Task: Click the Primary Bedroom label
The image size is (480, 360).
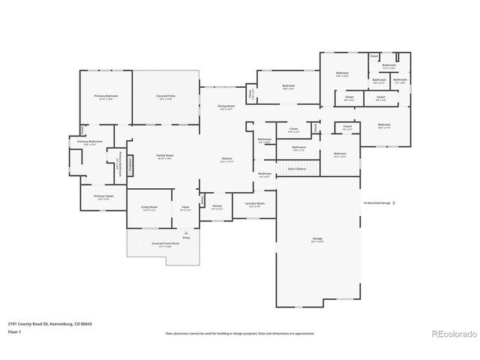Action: point(106,96)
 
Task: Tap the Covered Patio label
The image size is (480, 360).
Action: point(166,96)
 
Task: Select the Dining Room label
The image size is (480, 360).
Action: point(226,106)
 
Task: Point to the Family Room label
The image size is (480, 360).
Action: point(164,156)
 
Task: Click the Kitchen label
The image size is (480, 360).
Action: point(226,159)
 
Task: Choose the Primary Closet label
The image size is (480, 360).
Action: point(103,196)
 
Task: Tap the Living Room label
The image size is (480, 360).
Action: point(148,208)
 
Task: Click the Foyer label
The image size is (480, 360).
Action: point(184,208)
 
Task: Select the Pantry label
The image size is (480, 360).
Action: point(217,206)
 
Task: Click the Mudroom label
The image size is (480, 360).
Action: point(264,174)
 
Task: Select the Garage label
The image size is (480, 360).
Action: point(317,239)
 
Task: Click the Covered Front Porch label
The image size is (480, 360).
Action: point(166,244)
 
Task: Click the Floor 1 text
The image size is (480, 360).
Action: point(14,331)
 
